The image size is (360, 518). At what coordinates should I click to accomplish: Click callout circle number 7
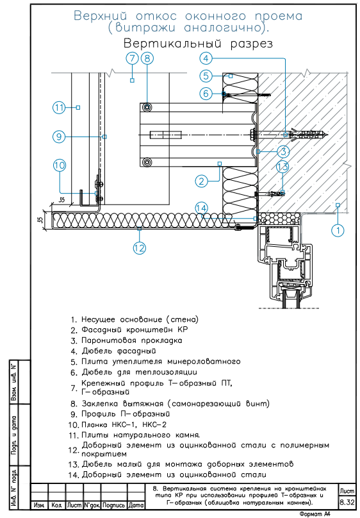133,58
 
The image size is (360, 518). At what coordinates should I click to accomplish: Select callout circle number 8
147,58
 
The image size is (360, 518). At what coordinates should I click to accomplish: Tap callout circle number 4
206,58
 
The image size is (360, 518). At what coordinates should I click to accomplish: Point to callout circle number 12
139,247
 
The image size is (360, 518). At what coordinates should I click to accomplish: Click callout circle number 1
338,230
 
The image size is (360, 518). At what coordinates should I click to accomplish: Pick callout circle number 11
59,107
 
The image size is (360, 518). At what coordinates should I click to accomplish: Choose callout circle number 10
60,165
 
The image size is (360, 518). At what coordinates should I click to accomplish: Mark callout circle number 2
201,181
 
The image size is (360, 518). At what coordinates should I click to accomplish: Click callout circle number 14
201,208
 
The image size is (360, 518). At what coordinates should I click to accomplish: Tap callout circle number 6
206,94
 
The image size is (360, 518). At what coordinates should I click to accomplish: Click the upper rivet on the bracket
147,107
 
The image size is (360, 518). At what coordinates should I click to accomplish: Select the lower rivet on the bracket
147,162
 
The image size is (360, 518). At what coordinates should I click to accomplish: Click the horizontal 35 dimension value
61,199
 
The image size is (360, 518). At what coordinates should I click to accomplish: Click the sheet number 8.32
347,502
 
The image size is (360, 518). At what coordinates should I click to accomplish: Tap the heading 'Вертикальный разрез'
198,44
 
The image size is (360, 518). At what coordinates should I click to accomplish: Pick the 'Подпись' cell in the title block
114,505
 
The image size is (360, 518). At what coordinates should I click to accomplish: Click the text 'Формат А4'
315,514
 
